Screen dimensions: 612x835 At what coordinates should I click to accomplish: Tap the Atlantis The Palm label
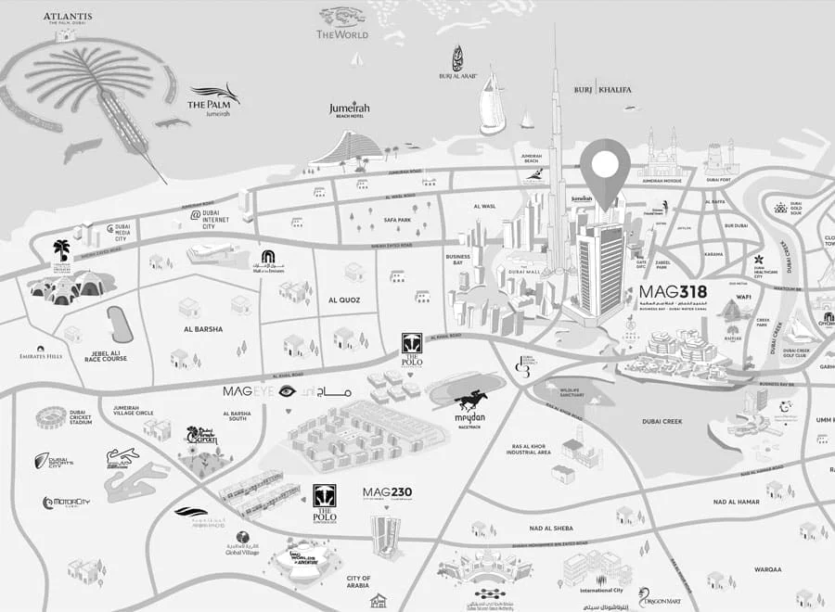click(66, 19)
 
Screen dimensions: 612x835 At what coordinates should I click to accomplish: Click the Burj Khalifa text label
click(602, 89)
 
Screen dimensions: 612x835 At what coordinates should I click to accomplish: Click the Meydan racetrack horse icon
click(471, 400)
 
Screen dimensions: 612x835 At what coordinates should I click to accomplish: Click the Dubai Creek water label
click(662, 421)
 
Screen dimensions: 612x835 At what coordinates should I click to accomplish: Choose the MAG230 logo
click(387, 492)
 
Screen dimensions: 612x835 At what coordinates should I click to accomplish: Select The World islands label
click(342, 34)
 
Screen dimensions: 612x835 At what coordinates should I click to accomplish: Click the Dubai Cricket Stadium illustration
click(52, 417)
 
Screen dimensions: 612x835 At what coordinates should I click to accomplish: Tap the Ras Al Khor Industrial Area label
click(530, 449)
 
